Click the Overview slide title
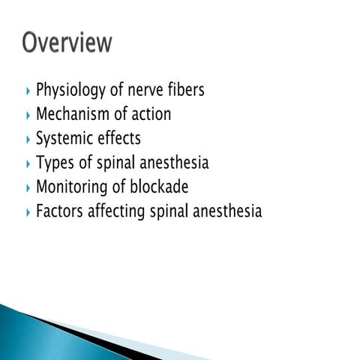tap(67, 42)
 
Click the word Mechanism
tap(73, 115)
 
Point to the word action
tap(151, 115)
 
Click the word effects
tap(118, 139)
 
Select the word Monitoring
tap(72, 187)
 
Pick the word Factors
tap(60, 211)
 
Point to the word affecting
tap(118, 211)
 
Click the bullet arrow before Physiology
tap(28, 91)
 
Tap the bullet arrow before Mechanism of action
tap(28, 115)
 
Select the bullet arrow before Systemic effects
tap(28, 139)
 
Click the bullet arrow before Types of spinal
tap(28, 163)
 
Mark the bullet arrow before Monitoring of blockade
tap(28, 187)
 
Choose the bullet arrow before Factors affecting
tap(28, 211)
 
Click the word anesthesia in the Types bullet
tap(172, 163)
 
